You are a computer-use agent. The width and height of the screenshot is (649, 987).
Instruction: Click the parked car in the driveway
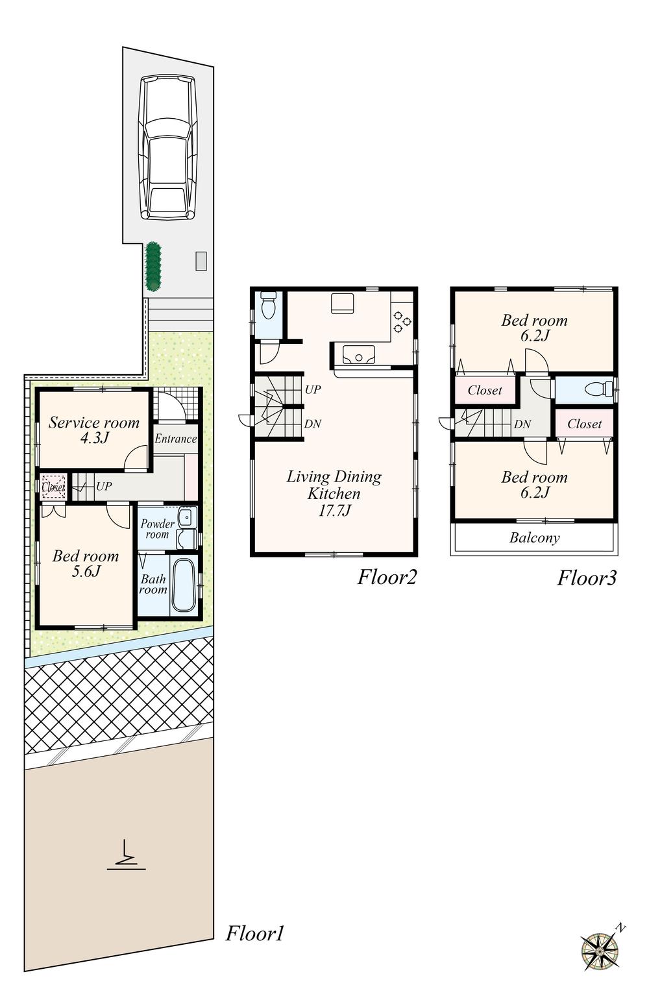(x=167, y=147)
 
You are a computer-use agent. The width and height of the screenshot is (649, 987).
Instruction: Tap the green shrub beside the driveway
(x=153, y=267)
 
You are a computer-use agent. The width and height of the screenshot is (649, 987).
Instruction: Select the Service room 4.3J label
(x=94, y=430)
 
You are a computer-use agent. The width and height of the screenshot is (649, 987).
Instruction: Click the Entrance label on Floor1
(x=175, y=439)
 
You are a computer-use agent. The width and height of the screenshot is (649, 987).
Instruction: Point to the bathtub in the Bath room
(x=184, y=585)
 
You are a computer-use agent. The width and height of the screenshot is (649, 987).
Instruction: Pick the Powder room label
(x=157, y=529)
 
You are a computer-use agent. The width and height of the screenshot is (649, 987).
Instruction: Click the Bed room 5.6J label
(x=86, y=563)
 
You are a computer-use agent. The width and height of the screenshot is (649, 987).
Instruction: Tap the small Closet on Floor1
(x=53, y=487)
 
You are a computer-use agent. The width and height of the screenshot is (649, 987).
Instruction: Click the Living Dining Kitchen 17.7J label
(x=334, y=493)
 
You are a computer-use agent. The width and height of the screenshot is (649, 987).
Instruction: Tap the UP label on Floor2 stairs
(x=313, y=390)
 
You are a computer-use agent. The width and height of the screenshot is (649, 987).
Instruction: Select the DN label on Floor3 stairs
(x=522, y=424)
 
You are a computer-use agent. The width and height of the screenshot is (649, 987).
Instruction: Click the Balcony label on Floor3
(x=534, y=538)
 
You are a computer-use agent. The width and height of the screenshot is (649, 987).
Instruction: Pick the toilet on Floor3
(x=597, y=389)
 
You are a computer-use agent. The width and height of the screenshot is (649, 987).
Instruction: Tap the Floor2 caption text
(x=387, y=577)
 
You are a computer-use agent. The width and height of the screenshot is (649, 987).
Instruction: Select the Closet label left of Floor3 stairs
(x=485, y=391)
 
